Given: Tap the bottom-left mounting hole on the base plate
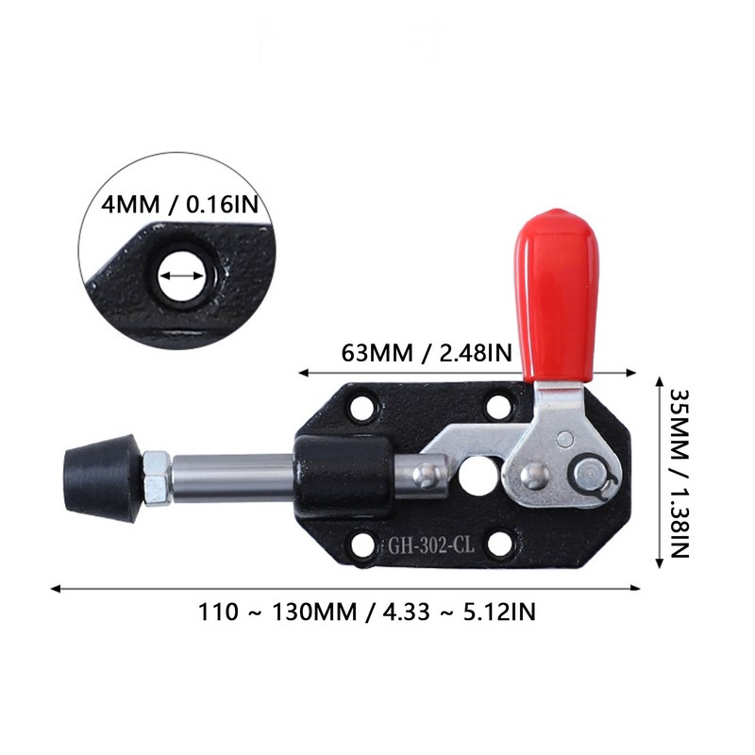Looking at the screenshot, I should click(360, 544).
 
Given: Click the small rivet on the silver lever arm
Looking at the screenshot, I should click(563, 438).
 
